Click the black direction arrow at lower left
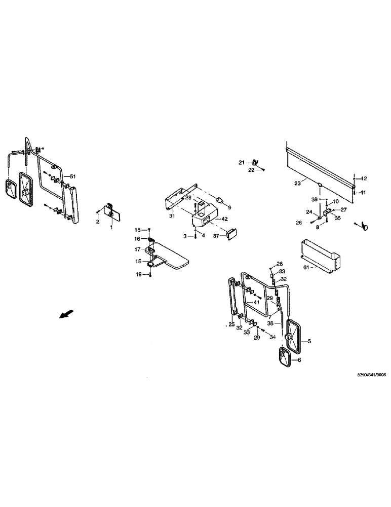(x=65, y=314)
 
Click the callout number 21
(x=242, y=162)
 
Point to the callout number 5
(x=310, y=341)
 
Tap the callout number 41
(x=257, y=303)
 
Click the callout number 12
(x=363, y=178)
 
